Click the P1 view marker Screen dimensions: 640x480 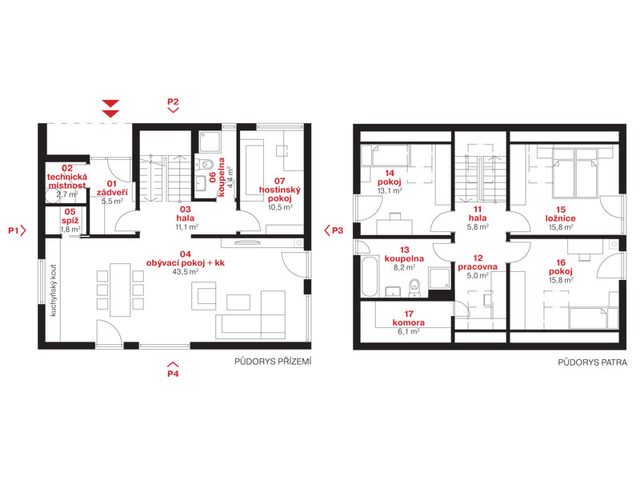click(17, 230)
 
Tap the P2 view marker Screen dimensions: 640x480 click(173, 105)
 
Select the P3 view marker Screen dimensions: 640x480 click(334, 230)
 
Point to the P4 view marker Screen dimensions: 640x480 click(173, 370)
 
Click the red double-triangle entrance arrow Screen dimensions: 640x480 click(110, 109)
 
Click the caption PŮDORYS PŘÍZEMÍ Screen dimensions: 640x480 click(273, 362)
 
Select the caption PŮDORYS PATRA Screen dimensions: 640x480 click(592, 362)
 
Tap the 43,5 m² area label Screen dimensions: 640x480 click(186, 272)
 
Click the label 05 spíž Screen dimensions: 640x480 click(70, 216)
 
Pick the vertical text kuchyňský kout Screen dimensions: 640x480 click(54, 290)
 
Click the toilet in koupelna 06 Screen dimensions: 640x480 click(206, 165)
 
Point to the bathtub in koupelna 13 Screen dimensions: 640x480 click(370, 276)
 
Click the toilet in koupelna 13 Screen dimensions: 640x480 click(414, 287)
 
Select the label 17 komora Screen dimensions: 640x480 click(409, 318)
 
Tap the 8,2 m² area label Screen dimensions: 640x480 click(404, 268)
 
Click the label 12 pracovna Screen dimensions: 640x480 click(478, 262)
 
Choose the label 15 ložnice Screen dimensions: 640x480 click(561, 214)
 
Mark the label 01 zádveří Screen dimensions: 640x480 click(112, 188)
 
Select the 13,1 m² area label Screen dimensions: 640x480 click(390, 191)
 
